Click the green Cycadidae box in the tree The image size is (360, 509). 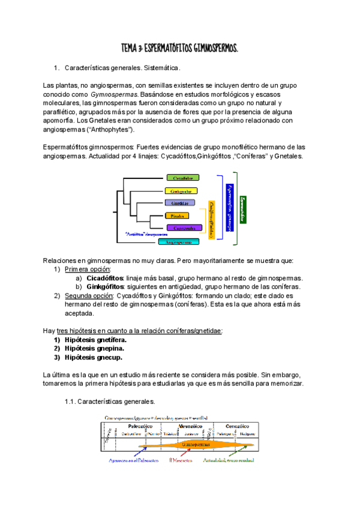183,178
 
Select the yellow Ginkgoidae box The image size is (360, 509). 181,191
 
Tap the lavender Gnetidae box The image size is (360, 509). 180,203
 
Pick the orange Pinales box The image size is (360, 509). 178,215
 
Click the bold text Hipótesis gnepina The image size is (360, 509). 95,348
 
